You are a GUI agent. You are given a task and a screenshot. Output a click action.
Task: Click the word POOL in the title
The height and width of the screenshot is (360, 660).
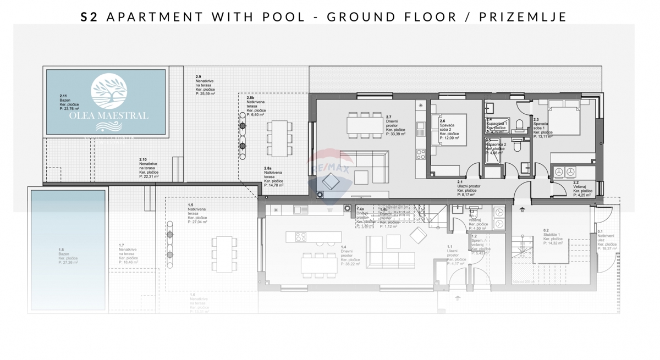pyautogui.click(x=284, y=16)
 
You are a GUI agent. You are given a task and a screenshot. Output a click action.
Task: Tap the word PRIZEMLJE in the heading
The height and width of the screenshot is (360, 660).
pyautogui.click(x=522, y=16)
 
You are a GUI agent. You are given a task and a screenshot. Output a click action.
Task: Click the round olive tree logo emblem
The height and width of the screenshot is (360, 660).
pyautogui.click(x=109, y=93)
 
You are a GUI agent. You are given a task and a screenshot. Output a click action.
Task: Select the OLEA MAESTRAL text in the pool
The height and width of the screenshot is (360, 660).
pyautogui.click(x=108, y=116)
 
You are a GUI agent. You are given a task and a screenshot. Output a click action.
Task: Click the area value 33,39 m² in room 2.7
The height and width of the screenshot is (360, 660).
pyautogui.click(x=395, y=134)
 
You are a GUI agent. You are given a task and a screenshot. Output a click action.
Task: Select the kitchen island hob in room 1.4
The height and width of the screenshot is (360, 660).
pyautogui.click(x=301, y=237)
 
